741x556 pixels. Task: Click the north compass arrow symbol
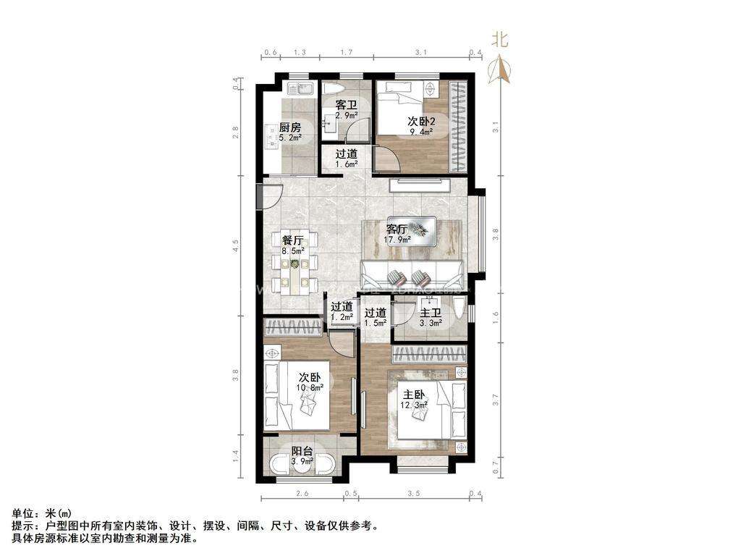tap(500, 69)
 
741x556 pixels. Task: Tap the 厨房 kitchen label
tap(290, 127)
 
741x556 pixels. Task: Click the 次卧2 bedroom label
tap(420, 121)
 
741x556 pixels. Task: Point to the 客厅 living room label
tap(397, 228)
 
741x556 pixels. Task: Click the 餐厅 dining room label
tap(293, 240)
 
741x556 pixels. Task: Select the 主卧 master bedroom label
tap(413, 395)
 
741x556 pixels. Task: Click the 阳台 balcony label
tap(302, 451)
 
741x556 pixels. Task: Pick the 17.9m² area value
tap(397, 239)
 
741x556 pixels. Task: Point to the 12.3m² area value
tap(413, 405)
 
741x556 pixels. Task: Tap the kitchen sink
tap(298, 90)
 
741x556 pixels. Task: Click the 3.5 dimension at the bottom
tap(413, 493)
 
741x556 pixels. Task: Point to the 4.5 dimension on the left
tap(235, 246)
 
